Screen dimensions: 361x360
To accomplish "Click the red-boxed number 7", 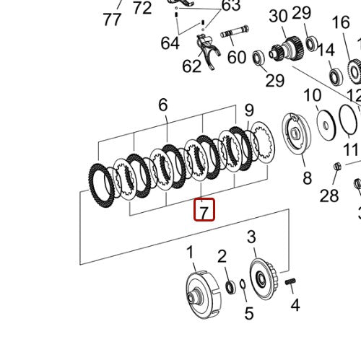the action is pyautogui.click(x=204, y=212).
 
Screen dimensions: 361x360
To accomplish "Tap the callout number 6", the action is pyautogui.click(x=163, y=105).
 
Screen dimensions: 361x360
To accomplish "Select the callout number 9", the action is pyautogui.click(x=249, y=110).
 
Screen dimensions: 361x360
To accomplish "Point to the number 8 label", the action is pyautogui.click(x=307, y=178).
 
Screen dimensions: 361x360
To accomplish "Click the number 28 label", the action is pyautogui.click(x=329, y=196).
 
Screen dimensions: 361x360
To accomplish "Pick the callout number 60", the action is pyautogui.click(x=237, y=57).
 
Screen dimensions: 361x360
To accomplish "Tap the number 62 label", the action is pyautogui.click(x=191, y=66).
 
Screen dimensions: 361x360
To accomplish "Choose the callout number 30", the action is pyautogui.click(x=278, y=16).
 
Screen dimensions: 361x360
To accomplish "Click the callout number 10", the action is pyautogui.click(x=312, y=95).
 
